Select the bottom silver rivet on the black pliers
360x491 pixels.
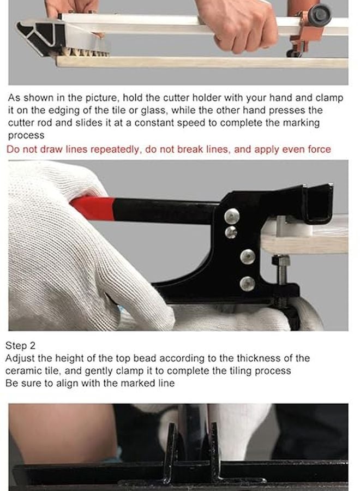coord(247,283)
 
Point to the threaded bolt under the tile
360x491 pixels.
coord(281,270)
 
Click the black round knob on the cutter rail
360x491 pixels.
coord(320,15)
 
